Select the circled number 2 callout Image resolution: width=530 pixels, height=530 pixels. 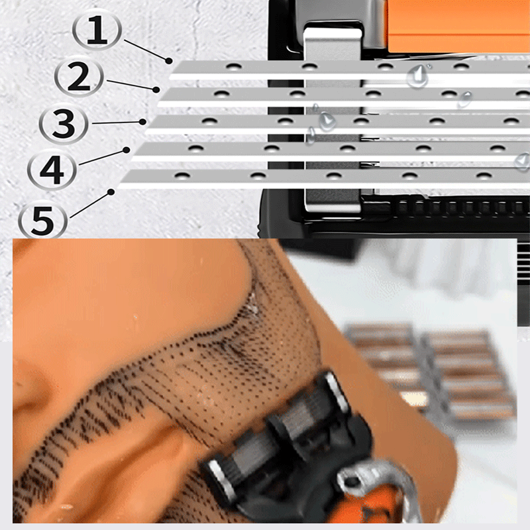[x=79, y=77]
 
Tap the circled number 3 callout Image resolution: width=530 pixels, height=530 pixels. [x=64, y=123]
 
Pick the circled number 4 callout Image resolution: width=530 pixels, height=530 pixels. [x=52, y=170]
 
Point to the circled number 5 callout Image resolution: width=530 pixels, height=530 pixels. [x=42, y=220]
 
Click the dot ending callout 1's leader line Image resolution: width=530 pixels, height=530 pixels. [x=169, y=61]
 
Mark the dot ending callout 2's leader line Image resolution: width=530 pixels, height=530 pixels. [x=156, y=90]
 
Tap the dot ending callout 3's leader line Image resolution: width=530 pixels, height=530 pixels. [x=143, y=122]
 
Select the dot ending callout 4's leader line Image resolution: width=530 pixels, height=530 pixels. [x=127, y=150]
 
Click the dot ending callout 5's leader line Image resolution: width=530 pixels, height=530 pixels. [x=111, y=192]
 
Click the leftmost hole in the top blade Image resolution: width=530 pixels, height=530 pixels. [x=234, y=66]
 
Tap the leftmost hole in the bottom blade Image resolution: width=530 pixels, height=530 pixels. [x=182, y=176]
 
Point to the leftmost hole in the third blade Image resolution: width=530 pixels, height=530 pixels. [x=209, y=121]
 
